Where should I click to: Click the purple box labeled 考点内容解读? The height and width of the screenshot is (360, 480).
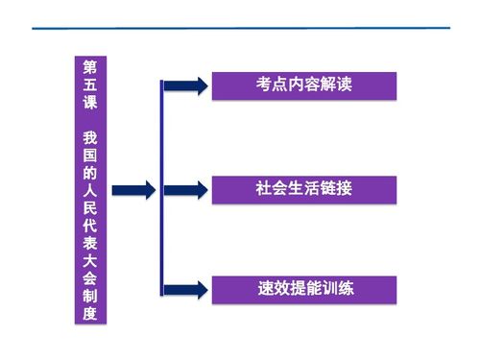303,84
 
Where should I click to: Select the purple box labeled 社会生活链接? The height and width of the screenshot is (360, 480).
303,189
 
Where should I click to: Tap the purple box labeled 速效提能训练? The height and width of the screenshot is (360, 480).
303,288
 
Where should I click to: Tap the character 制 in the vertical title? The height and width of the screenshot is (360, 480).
90,295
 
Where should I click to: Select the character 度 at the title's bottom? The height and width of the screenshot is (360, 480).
90,314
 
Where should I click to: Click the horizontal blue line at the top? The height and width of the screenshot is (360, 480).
240,28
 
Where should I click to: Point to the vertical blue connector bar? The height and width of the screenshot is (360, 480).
161,189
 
